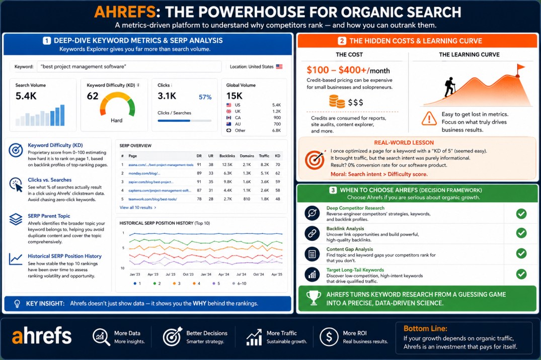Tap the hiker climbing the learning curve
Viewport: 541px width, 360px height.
(x=449, y=86)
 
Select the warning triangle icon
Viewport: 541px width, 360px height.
(x=429, y=118)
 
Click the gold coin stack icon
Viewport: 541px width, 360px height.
(x=337, y=102)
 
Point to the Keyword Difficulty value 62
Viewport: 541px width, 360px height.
(x=93, y=96)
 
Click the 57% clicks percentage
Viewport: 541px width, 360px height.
(x=205, y=97)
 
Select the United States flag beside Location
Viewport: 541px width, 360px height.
(x=279, y=66)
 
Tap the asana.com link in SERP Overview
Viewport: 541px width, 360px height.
(x=161, y=165)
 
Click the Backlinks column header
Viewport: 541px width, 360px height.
(x=227, y=156)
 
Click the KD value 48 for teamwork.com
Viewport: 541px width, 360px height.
(x=277, y=199)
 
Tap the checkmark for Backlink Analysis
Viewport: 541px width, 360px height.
(x=521, y=233)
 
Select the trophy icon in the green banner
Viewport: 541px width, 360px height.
(x=314, y=298)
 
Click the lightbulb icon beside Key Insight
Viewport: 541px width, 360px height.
(x=17, y=304)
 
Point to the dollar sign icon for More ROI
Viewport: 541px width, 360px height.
(x=329, y=337)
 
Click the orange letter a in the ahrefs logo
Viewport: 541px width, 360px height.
(x=18, y=337)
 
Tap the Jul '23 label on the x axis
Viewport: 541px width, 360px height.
(x=171, y=275)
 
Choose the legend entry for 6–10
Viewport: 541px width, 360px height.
(x=239, y=284)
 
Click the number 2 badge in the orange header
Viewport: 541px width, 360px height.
(x=342, y=41)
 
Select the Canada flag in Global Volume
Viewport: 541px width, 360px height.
(x=228, y=118)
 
